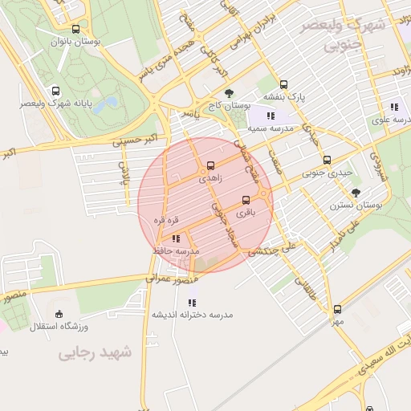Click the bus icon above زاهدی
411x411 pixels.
tap(211, 165)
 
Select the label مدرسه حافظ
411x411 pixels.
tap(176, 251)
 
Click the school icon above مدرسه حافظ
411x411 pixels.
tap(176, 238)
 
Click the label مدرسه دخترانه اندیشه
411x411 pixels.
tap(192, 315)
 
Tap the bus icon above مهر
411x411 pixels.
tap(337, 308)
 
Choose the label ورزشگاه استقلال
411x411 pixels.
tap(59, 327)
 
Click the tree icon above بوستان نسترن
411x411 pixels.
tap(356, 192)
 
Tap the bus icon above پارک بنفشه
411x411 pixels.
tap(283, 84)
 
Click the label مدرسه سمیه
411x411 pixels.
tap(270, 128)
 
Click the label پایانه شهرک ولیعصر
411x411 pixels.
tap(55, 104)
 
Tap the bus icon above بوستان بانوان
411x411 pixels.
tap(75, 29)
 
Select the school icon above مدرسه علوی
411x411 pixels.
tap(394, 106)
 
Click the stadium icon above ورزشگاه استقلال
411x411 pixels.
tap(59, 314)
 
